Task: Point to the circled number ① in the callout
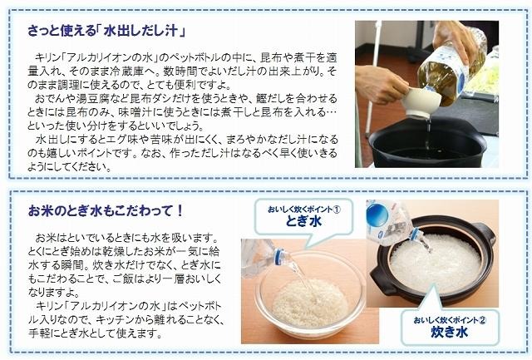click(337, 209)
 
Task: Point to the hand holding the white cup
click(382, 83)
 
